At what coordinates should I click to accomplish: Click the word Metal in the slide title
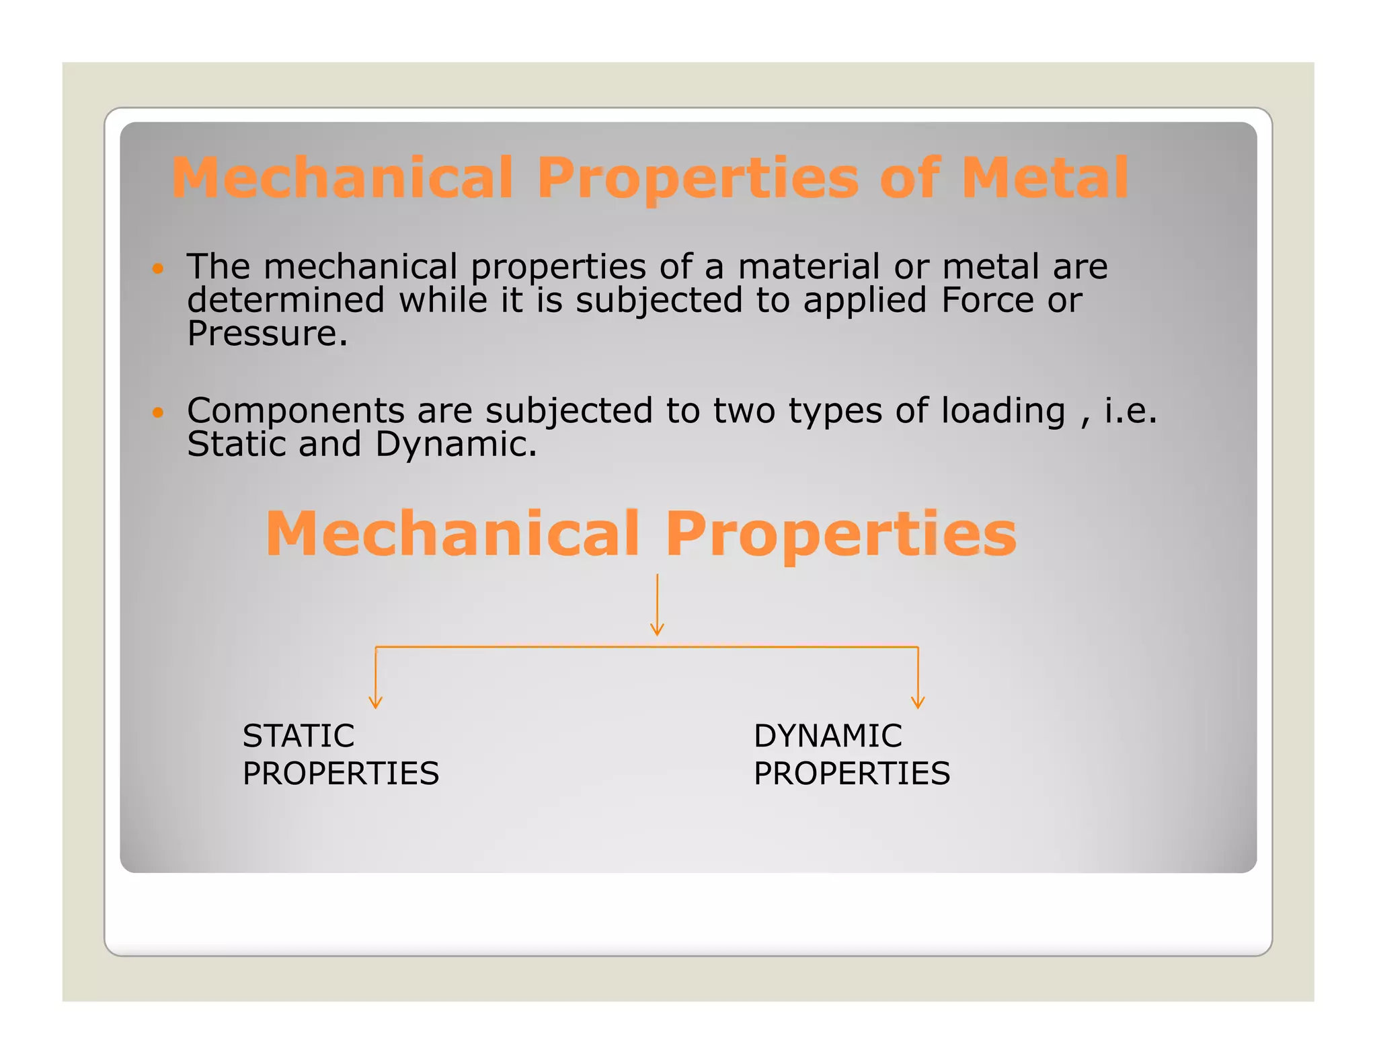click(1044, 178)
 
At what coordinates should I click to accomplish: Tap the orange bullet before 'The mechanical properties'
click(158, 268)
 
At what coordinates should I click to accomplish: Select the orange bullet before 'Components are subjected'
click(158, 412)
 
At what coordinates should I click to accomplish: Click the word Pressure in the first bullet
click(267, 334)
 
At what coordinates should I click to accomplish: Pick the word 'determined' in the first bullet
click(286, 300)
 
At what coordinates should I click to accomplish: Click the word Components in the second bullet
click(296, 411)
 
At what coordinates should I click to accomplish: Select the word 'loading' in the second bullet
click(1003, 411)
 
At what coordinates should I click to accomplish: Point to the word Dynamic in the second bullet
click(456, 445)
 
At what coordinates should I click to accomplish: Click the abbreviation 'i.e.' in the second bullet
click(1131, 411)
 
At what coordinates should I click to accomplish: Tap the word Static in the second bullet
click(237, 445)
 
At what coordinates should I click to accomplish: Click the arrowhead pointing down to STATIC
click(376, 702)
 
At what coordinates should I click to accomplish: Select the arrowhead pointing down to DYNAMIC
click(918, 702)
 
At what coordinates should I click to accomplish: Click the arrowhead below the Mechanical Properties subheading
click(658, 630)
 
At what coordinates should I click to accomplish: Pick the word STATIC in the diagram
click(299, 736)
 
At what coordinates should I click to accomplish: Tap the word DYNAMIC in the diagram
click(828, 736)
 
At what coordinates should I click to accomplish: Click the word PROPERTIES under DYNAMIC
click(852, 773)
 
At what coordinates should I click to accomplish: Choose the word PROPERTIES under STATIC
click(341, 773)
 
